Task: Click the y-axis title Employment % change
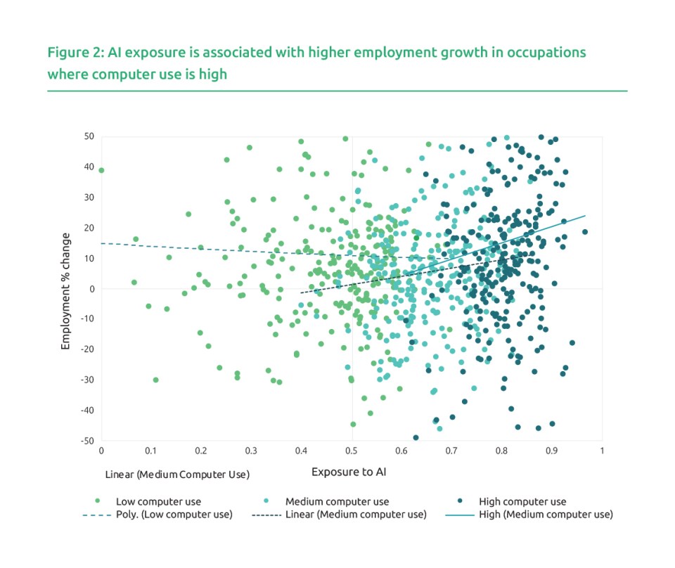65,290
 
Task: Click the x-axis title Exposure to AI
349,472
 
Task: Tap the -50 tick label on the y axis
87,441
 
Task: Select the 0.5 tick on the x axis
352,450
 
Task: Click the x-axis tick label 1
602,450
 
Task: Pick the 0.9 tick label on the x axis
551,450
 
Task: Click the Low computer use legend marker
98,501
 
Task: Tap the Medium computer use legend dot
271,501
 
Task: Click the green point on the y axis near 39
101,170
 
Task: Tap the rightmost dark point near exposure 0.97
584,232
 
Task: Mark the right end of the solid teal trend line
585,216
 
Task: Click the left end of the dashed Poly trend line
102,243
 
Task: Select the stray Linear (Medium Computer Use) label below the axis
176,475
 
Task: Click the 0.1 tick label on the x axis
151,450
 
